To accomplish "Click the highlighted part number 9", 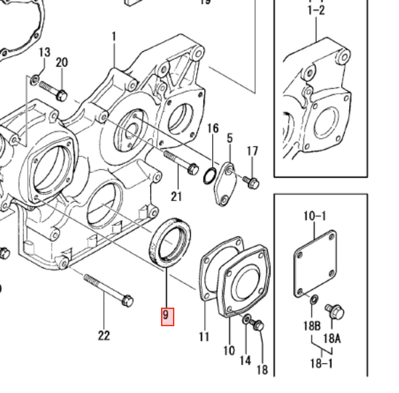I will click(x=167, y=315).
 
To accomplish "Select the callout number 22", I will click(x=104, y=335).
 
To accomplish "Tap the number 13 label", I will click(x=45, y=52).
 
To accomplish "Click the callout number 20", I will click(x=62, y=62).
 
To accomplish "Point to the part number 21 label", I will click(x=176, y=195).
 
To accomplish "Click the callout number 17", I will click(x=252, y=151).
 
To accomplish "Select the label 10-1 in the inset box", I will click(x=315, y=216).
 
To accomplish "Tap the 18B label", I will click(x=312, y=325).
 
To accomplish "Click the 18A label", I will click(x=332, y=338).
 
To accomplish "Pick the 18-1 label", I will click(x=321, y=363).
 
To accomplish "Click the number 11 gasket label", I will click(x=204, y=337).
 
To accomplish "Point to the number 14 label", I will click(x=245, y=360).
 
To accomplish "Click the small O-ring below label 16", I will click(x=208, y=175).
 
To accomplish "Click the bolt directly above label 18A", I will click(x=334, y=310).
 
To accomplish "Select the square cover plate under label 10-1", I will click(x=316, y=265).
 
